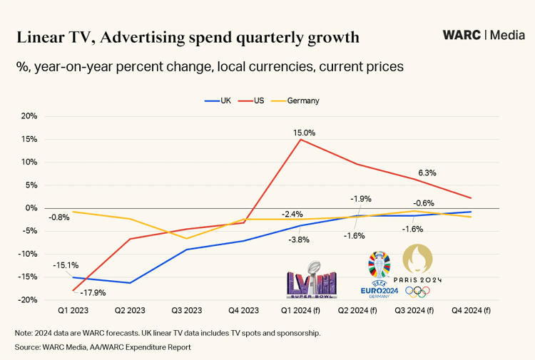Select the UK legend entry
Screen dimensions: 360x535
[220, 101]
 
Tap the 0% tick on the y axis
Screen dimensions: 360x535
[31, 208]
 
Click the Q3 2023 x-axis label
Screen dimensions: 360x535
[188, 311]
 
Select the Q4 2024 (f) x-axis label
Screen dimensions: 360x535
[471, 311]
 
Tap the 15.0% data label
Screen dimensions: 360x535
[304, 133]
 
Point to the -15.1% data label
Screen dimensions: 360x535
[66, 265]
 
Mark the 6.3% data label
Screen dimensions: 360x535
[427, 173]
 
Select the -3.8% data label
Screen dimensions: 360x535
[299, 240]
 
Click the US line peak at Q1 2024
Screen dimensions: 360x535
[300, 140]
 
